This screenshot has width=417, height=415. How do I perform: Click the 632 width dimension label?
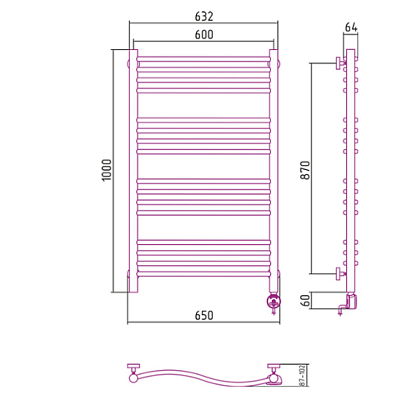(203, 17)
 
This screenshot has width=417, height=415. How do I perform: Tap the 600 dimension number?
(203, 35)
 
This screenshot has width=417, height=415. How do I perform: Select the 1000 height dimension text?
(107, 170)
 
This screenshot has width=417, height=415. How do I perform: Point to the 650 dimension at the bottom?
(203, 316)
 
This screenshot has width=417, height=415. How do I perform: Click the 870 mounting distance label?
(305, 170)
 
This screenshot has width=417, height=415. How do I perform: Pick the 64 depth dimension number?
(351, 27)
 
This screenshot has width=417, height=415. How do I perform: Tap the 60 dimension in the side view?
(305, 300)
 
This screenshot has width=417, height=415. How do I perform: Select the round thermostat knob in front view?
(274, 301)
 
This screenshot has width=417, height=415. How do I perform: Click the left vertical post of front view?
(133, 171)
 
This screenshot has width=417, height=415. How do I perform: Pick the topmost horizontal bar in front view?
(203, 59)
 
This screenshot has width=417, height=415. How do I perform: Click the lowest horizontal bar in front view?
(203, 274)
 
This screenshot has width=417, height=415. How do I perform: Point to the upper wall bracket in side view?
(340, 63)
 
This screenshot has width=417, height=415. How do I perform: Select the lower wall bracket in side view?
(340, 274)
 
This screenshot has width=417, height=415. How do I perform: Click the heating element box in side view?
(352, 302)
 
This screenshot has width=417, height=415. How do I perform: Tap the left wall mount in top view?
(133, 372)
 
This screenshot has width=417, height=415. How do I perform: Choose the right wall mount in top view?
(274, 373)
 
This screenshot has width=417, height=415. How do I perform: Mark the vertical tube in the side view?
(350, 171)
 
